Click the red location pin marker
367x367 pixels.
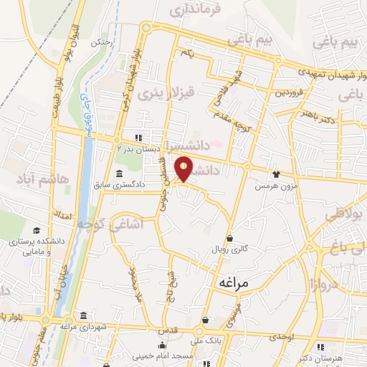[x=184, y=168]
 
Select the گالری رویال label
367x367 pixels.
[x=229, y=249]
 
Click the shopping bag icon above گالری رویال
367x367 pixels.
[x=229, y=238]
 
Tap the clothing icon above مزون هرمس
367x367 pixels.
[x=276, y=174]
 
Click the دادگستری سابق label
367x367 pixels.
[x=120, y=185]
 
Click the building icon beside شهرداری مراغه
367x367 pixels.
[x=84, y=316]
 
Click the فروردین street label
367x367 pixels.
[x=292, y=92]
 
